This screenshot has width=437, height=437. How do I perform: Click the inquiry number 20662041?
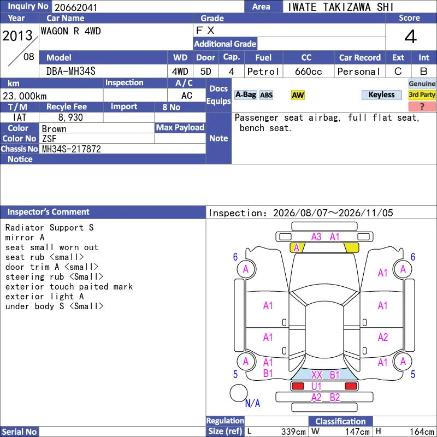click(76, 8)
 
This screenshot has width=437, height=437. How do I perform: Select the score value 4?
click(411, 37)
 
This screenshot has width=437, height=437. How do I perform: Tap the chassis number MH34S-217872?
click(72, 149)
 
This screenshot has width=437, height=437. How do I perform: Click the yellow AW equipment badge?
click(298, 95)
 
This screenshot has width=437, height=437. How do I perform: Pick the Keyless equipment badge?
click(381, 95)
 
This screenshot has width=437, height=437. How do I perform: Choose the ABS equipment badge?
click(266, 95)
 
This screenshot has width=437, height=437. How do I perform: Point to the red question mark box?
click(422, 107)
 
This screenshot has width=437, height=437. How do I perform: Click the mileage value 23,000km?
click(25, 96)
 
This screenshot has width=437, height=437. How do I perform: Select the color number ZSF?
click(49, 139)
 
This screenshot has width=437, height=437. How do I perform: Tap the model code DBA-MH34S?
click(71, 72)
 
